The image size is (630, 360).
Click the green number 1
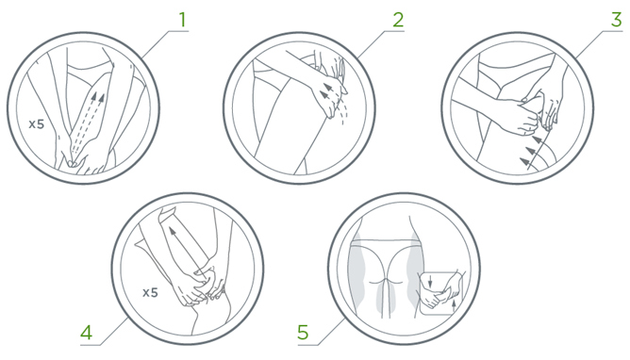click(183, 20)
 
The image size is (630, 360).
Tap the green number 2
click(398, 20)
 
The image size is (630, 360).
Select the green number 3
click(617, 20)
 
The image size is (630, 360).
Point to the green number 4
click(87, 333)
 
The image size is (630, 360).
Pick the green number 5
click(303, 333)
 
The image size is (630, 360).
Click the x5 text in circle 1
click(36, 124)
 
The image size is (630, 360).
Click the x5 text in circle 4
click(150, 292)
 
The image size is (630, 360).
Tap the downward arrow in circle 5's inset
click(430, 281)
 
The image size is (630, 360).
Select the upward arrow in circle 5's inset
click(454, 304)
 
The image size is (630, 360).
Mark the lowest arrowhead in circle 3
click(524, 161)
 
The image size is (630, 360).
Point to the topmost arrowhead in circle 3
click(537, 139)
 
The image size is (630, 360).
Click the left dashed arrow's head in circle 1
click(95, 97)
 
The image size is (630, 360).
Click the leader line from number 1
click(163, 43)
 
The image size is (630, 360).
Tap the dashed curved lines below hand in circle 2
click(343, 111)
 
